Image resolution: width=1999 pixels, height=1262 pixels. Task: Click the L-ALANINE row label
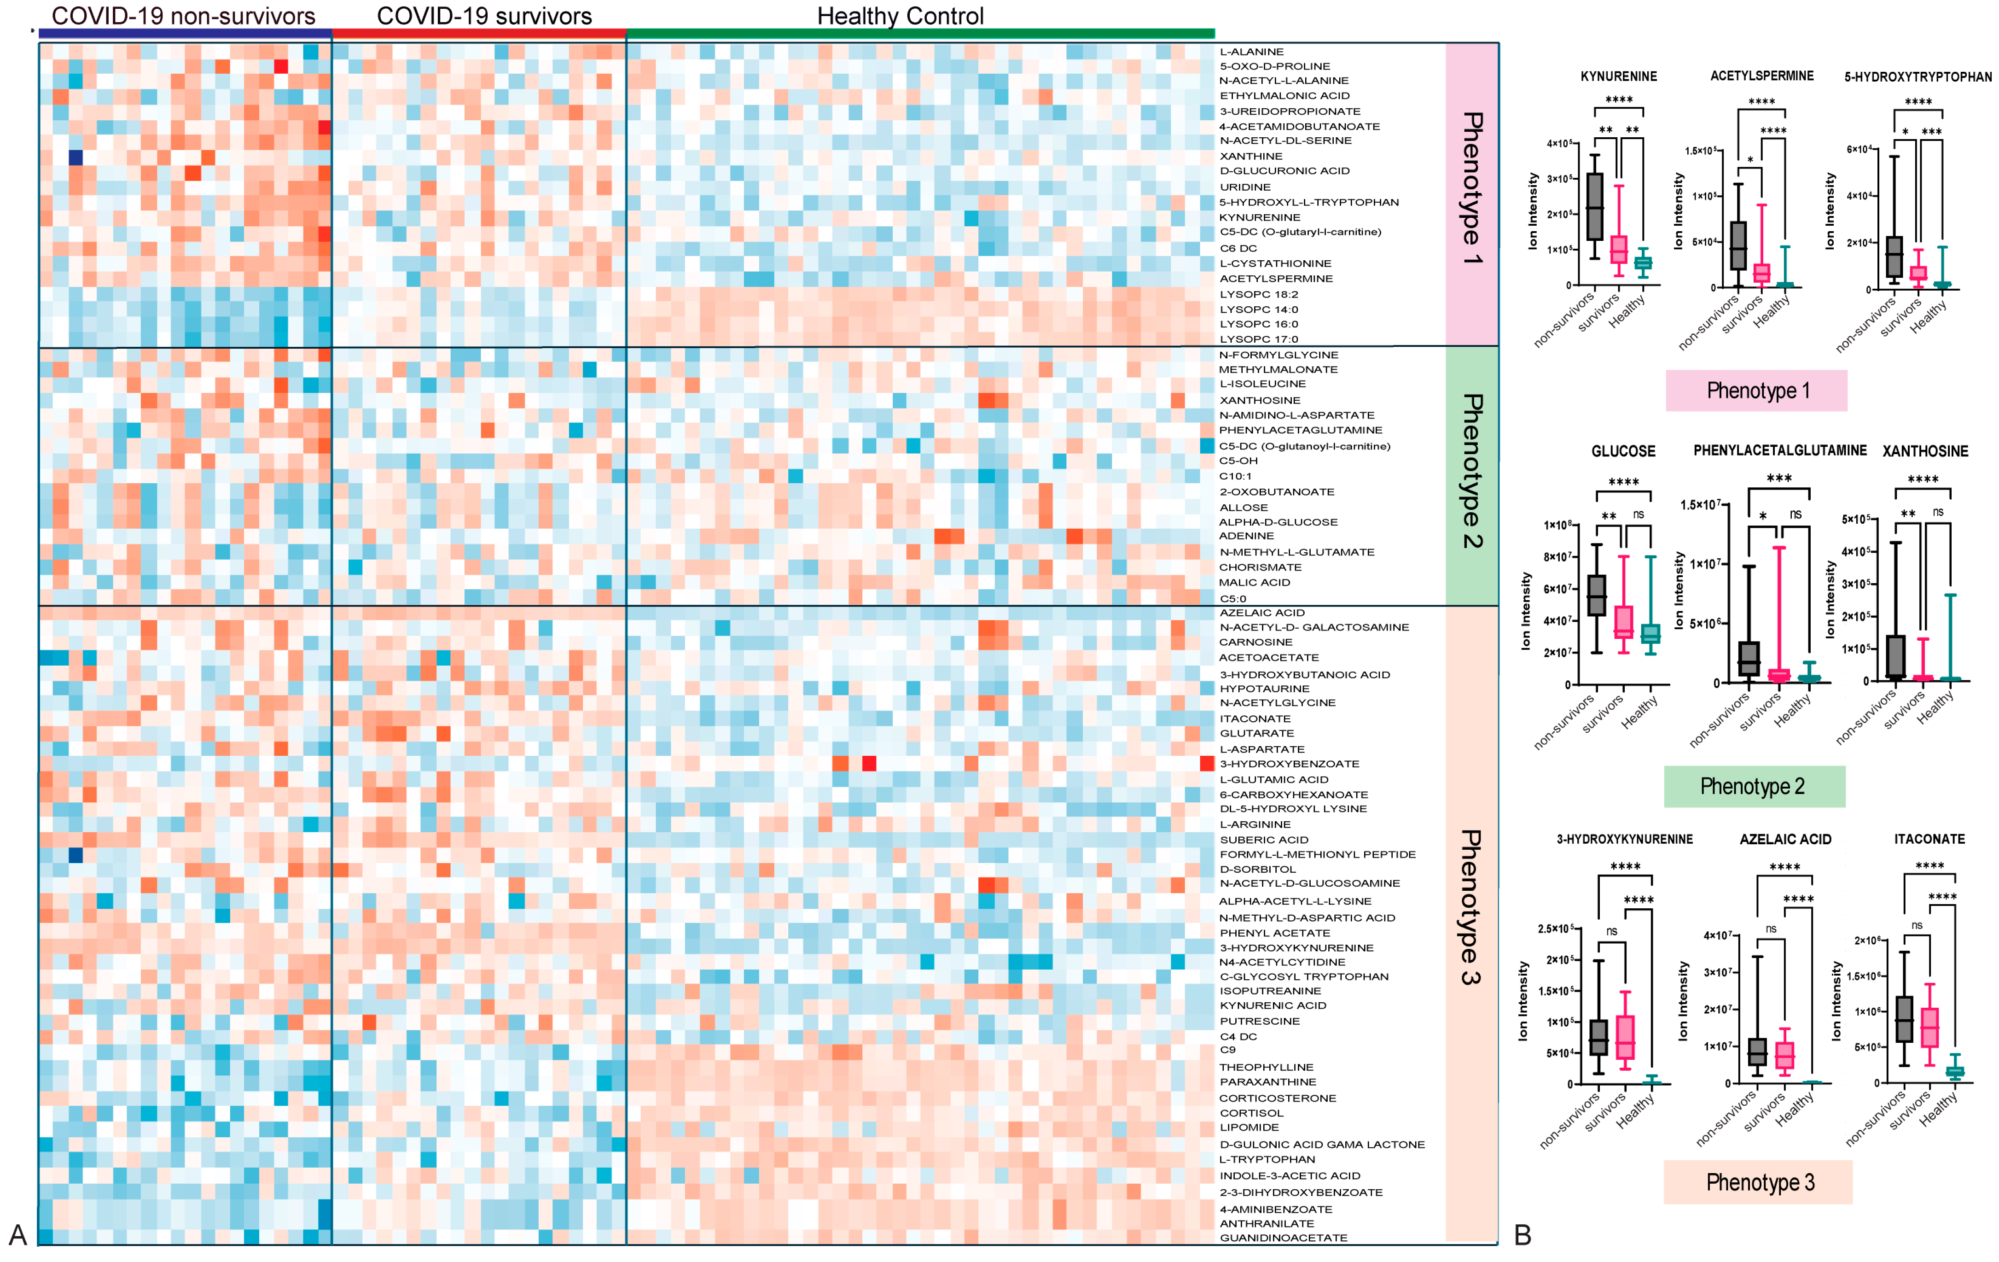pos(1251,52)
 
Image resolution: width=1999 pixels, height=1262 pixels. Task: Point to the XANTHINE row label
pos(1250,156)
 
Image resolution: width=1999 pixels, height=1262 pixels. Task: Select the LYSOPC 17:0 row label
pos(1259,339)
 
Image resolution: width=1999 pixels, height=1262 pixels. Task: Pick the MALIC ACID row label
pos(1255,583)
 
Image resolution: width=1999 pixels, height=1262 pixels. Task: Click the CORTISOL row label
pos(1251,1113)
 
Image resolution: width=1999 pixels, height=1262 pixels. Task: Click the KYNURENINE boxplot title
pos(1618,76)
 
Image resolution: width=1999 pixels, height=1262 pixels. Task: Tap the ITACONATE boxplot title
pos(1929,839)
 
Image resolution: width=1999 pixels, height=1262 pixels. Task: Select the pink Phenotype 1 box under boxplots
pos(1756,390)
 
